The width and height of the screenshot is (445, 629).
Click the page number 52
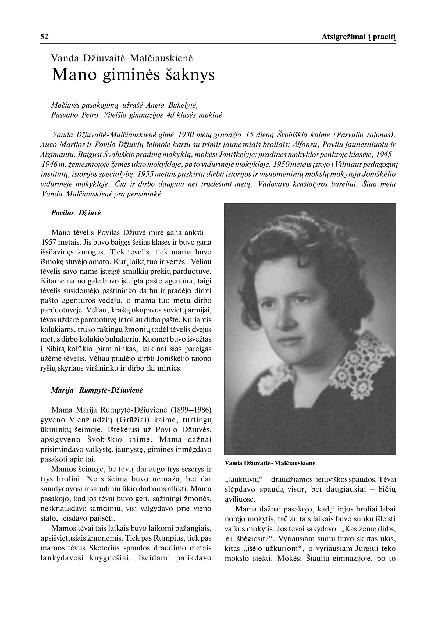pos(44,37)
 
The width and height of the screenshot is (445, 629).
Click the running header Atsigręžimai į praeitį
pos(358,37)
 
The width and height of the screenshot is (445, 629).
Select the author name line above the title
pos(122,58)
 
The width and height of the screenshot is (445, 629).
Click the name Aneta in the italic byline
pos(155,105)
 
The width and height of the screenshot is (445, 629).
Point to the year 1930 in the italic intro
pos(186,135)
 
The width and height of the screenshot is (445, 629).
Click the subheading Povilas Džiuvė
pos(76,213)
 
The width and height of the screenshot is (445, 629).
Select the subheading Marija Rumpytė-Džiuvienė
pos(97,390)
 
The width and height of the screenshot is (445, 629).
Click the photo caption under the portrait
pos(270,463)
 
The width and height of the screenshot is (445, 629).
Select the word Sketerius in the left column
pos(104,548)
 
